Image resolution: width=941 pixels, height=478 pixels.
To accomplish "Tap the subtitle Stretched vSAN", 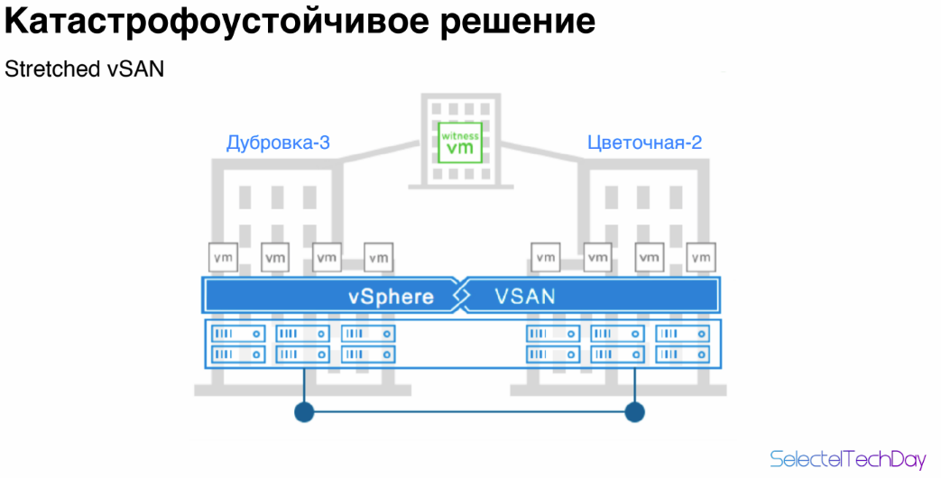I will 84,69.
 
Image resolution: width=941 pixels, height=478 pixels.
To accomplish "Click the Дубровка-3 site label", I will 278,142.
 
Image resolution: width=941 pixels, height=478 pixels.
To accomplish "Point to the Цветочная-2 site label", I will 644,142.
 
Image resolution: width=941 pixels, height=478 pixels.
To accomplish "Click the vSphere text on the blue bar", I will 391,297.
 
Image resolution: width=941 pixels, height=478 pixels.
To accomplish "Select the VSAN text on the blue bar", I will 524,297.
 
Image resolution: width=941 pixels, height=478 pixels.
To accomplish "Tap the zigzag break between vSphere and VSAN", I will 461,296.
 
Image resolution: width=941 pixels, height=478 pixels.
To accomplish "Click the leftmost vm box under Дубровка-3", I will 223,258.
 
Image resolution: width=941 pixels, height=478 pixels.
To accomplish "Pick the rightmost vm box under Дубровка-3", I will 379,258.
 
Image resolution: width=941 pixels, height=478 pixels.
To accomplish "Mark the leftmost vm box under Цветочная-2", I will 544,258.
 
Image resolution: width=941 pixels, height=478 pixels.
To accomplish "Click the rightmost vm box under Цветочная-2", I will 700,258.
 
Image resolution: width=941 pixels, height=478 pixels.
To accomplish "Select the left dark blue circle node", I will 303,413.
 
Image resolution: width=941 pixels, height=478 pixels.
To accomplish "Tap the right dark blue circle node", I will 635,413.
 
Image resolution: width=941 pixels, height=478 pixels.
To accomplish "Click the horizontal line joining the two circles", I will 469,413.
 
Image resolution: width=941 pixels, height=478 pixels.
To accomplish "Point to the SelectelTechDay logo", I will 848,459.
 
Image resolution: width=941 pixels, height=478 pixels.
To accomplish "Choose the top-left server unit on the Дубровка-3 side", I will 238,334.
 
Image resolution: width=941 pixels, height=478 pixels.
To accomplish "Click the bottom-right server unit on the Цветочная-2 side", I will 683,354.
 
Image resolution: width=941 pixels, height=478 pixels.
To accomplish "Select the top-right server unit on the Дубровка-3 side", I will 368,334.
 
